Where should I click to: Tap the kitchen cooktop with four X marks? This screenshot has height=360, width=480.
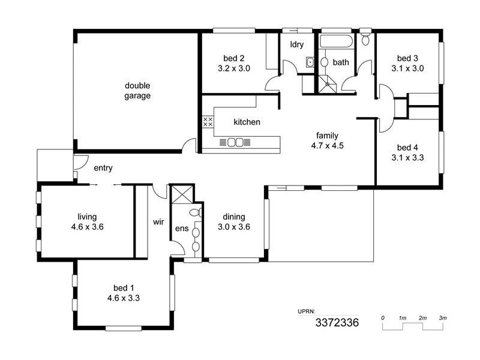(x=208, y=122)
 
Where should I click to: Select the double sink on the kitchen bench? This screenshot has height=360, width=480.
(x=235, y=142)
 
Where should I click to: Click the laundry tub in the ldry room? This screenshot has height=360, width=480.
(x=310, y=62)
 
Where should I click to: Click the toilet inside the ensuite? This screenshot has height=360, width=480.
(x=196, y=212)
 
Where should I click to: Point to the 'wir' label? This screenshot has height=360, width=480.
(x=158, y=222)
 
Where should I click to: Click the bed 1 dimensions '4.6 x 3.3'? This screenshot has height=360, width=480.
(x=124, y=297)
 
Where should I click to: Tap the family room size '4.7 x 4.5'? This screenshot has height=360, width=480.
(x=327, y=145)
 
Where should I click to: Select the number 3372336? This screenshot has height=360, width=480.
(x=337, y=323)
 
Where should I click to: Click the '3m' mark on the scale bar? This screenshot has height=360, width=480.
(x=443, y=317)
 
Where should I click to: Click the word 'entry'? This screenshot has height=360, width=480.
(x=103, y=169)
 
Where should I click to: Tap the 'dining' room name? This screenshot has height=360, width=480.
(x=233, y=217)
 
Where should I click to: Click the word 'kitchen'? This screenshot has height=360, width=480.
(x=247, y=122)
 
